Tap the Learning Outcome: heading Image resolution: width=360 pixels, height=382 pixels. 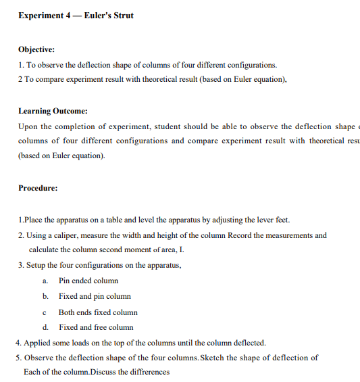pyautogui.click(x=53, y=111)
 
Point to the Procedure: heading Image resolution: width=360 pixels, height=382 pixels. pyautogui.click(x=38, y=188)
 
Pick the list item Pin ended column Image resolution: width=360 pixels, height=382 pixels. pyautogui.click(x=88, y=281)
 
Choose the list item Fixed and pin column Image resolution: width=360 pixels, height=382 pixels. pyautogui.click(x=95, y=296)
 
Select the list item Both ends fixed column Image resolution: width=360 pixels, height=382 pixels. pyautogui.click(x=98, y=312)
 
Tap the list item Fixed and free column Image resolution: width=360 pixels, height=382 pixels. pyautogui.click(x=96, y=327)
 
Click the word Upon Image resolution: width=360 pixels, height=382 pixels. pyautogui.click(x=28, y=126)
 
